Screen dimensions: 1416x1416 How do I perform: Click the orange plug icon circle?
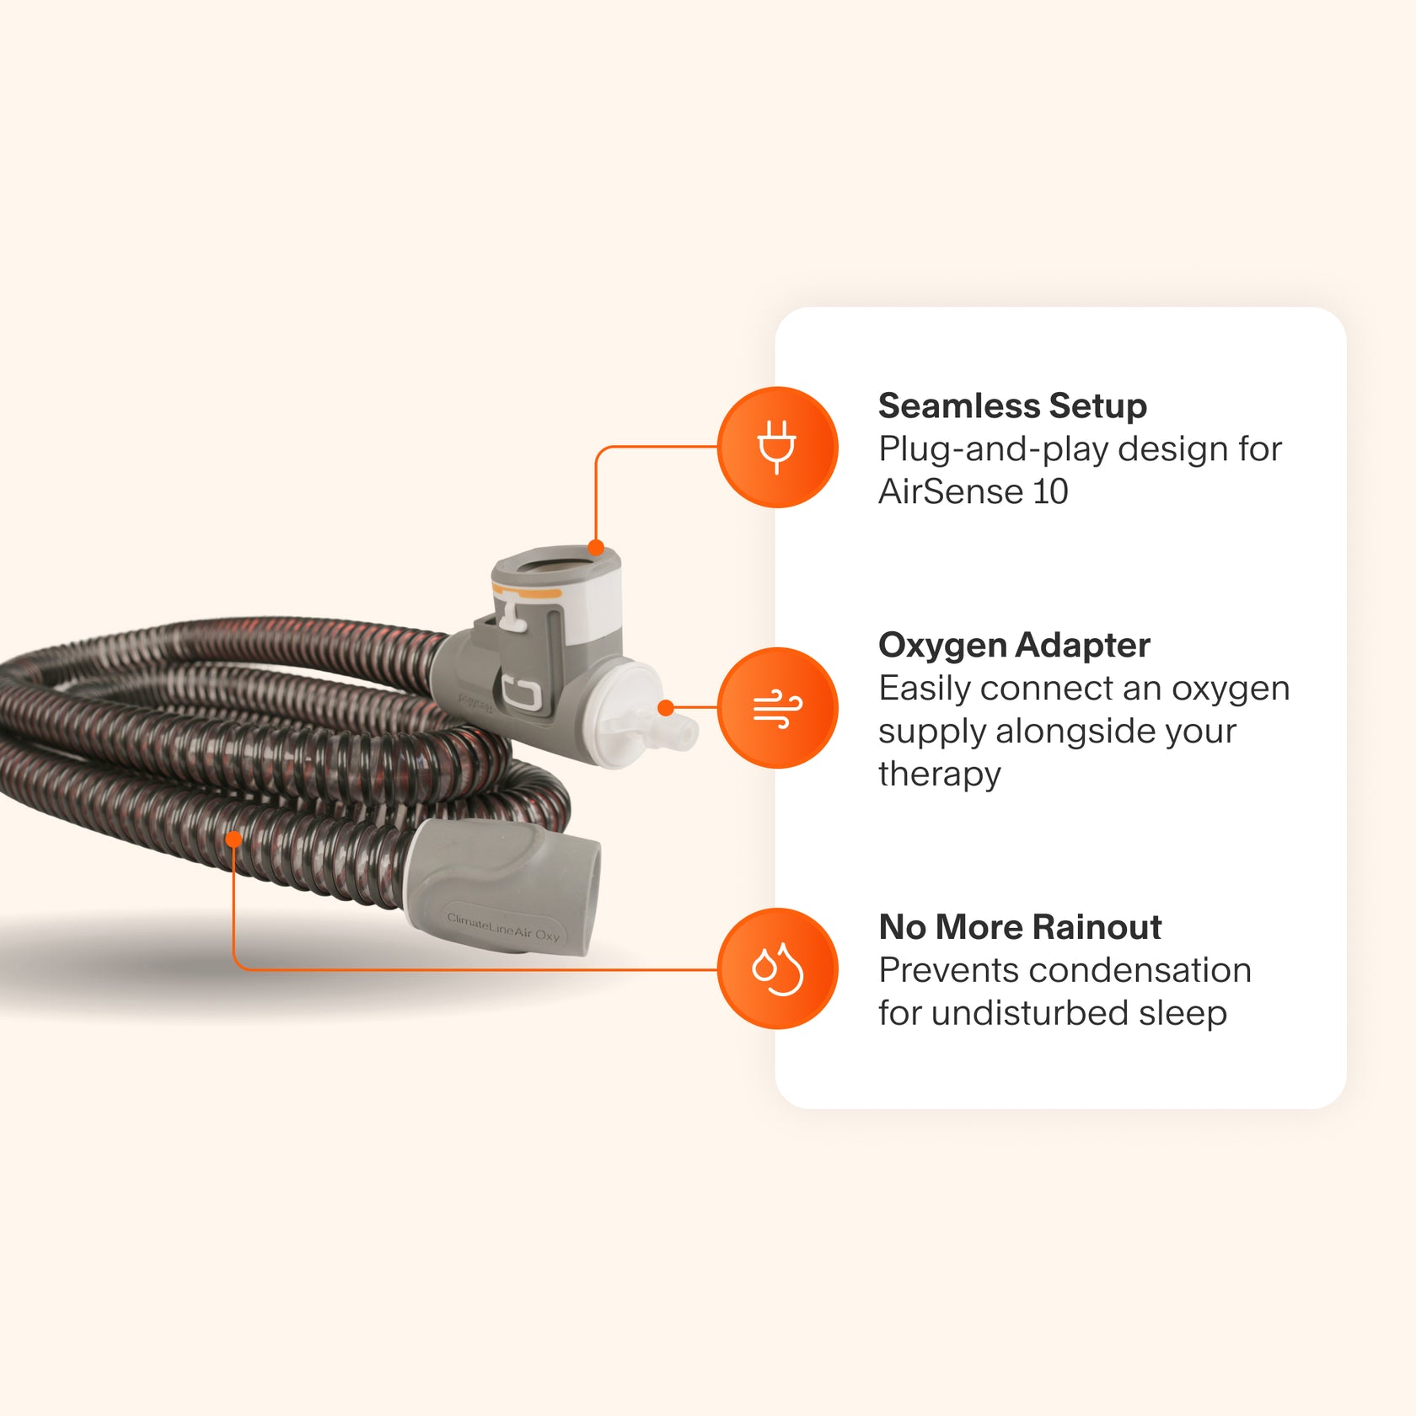pos(777,447)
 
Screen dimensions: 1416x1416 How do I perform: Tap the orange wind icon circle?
pos(777,707)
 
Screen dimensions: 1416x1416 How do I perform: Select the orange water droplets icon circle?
pos(777,968)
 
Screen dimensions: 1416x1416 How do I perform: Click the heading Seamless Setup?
pos(1012,406)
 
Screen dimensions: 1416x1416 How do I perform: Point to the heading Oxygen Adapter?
pos(1014,646)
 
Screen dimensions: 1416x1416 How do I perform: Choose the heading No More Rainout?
pos(1020,927)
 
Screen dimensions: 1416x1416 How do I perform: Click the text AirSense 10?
pos(973,491)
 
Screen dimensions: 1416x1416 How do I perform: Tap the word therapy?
pos(939,774)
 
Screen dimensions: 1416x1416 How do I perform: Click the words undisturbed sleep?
pos(1079,1013)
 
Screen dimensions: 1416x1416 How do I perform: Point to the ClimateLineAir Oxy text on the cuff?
pos(503,926)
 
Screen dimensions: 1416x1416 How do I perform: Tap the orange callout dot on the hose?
pos(233,839)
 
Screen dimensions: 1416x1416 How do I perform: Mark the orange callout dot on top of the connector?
pos(596,548)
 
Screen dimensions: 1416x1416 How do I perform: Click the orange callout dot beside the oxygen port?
pos(665,708)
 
